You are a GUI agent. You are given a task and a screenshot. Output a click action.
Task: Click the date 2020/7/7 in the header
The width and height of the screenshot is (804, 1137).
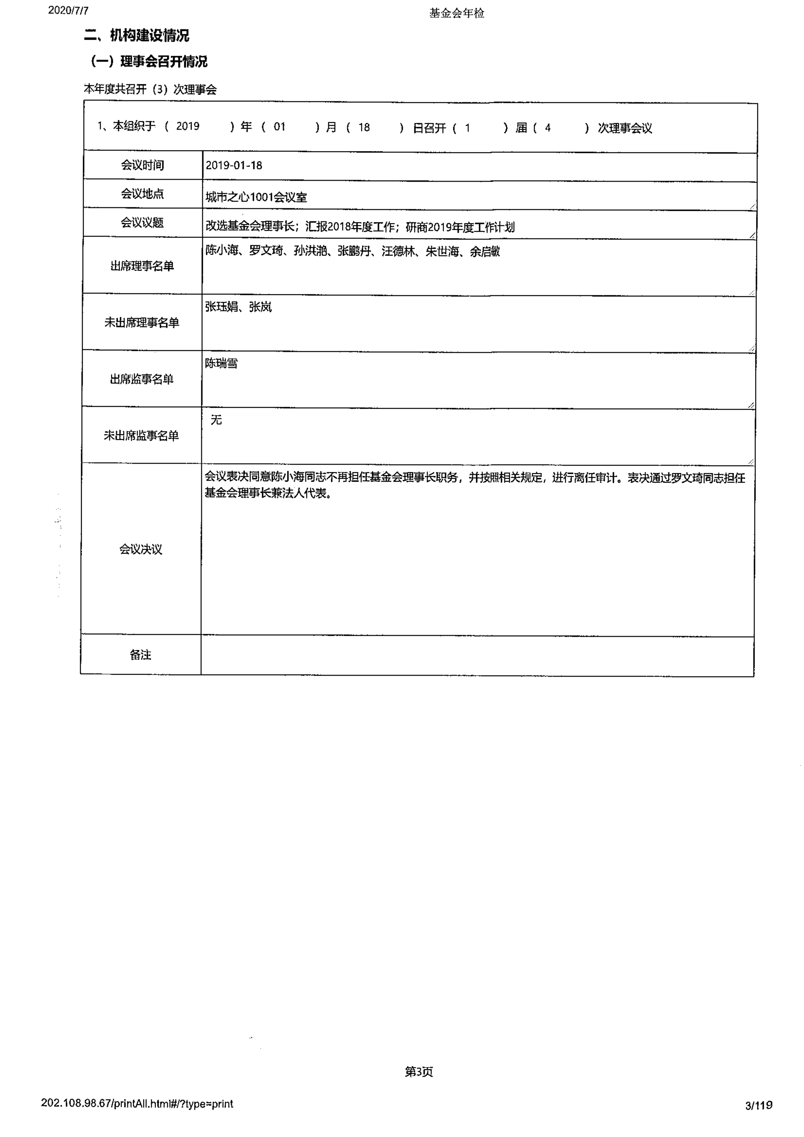point(68,10)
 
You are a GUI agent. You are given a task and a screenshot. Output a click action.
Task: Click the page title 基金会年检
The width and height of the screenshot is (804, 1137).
point(456,13)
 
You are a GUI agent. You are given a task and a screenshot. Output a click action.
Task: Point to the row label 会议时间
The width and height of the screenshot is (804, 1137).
point(143,165)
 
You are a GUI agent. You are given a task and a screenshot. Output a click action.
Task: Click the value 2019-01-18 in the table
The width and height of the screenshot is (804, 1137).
point(234,165)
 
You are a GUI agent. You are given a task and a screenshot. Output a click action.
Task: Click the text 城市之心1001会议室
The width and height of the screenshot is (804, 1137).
point(256,197)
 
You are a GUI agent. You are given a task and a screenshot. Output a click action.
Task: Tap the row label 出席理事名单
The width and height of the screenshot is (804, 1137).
point(142,266)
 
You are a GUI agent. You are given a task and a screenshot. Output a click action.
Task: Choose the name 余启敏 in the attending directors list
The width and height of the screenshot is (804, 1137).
point(485,252)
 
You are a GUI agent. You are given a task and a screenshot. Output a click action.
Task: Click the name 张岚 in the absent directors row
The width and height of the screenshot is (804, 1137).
point(260,307)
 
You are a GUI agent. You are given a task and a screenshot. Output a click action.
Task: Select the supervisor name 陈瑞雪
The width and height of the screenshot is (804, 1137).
point(222,363)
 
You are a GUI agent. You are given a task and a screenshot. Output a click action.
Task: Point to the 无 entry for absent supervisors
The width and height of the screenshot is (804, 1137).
point(216,420)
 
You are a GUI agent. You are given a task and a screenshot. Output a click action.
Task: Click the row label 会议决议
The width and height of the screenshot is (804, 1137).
point(141,549)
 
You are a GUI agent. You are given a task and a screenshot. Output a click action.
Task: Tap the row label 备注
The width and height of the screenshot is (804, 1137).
point(141,655)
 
